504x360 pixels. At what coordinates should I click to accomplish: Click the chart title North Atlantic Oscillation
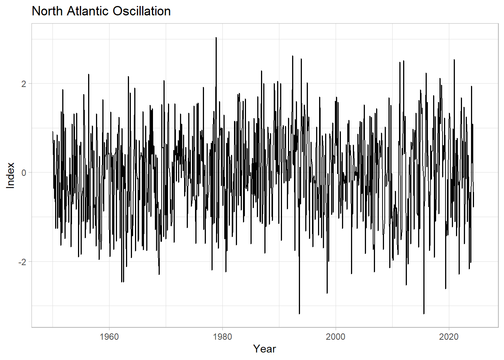click(x=101, y=11)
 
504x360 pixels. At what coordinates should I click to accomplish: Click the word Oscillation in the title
click(x=142, y=11)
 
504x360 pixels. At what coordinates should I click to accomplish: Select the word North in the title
click(x=48, y=11)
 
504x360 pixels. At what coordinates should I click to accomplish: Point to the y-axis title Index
click(x=10, y=175)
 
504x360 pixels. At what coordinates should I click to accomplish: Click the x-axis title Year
click(x=264, y=349)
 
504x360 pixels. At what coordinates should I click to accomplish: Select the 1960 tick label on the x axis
click(x=109, y=336)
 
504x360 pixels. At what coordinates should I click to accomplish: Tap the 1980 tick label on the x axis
click(x=222, y=336)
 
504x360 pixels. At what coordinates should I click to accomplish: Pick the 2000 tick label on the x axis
click(x=336, y=336)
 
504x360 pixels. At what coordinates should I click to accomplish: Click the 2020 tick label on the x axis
click(x=449, y=336)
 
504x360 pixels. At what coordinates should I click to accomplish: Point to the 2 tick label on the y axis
click(x=24, y=84)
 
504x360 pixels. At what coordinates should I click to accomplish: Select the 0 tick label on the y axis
click(x=24, y=172)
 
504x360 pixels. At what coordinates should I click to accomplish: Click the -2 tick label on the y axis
click(x=22, y=262)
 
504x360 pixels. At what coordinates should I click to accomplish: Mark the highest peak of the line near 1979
click(x=216, y=38)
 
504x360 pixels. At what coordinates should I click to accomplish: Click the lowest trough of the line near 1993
click(x=299, y=313)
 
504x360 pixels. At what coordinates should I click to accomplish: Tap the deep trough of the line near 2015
click(x=424, y=313)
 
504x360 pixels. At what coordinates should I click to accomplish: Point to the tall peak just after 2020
click(x=454, y=60)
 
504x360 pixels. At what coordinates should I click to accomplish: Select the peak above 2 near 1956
click(x=88, y=74)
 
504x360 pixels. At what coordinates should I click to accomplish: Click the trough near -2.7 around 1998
click(x=327, y=293)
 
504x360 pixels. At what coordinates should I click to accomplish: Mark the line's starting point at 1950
click(x=52, y=132)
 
